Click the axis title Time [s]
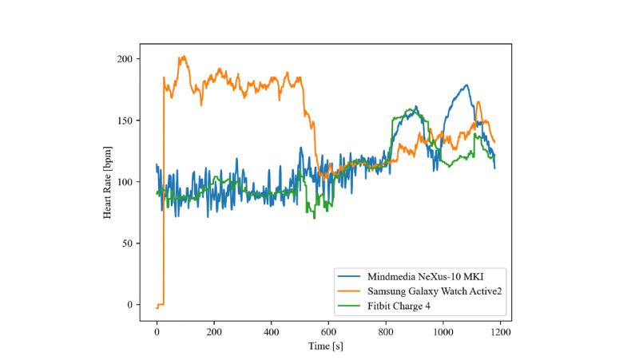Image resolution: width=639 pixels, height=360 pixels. [x=329, y=346]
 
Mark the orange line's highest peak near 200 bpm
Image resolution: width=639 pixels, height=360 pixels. [x=183, y=57]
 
